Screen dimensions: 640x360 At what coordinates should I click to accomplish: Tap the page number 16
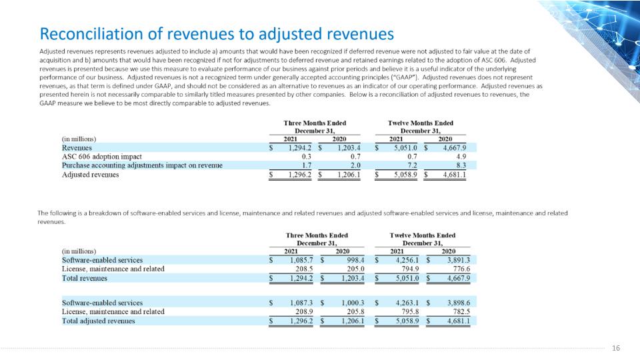(x=616, y=348)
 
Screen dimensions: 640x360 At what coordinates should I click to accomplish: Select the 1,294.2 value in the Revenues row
(x=299, y=148)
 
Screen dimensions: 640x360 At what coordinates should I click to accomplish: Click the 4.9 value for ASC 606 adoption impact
(x=461, y=157)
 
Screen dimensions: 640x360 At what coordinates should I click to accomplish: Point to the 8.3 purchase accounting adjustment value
(x=461, y=166)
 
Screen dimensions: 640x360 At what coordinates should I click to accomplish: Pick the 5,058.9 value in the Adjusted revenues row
(x=406, y=175)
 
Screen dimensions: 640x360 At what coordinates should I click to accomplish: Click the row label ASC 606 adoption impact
(x=101, y=157)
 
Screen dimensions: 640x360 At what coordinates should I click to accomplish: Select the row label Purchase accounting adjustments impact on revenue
(x=142, y=166)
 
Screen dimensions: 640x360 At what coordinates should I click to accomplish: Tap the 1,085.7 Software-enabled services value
(x=301, y=260)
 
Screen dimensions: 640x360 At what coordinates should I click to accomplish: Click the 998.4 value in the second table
(x=355, y=260)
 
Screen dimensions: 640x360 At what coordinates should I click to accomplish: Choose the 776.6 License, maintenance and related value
(x=461, y=269)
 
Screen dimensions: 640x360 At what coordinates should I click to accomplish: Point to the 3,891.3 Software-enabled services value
(x=459, y=260)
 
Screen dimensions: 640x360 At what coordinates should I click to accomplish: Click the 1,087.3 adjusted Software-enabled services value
(x=301, y=303)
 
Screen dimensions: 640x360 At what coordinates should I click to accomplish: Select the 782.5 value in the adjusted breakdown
(x=461, y=312)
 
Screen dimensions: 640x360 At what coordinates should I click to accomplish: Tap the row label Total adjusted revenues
(x=99, y=321)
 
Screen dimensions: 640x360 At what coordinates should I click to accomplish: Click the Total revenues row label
(x=85, y=279)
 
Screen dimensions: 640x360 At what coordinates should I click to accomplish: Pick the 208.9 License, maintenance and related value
(x=305, y=312)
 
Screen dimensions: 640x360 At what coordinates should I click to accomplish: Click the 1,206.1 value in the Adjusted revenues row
(x=349, y=175)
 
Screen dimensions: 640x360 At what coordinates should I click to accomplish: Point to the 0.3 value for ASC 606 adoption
(x=307, y=157)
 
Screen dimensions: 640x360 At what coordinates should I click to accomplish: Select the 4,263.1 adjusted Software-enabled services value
(x=407, y=303)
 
